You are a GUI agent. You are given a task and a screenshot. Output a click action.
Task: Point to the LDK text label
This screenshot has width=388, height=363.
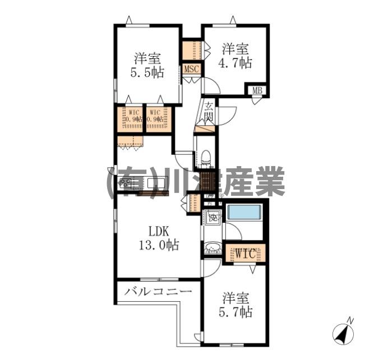point(159,231)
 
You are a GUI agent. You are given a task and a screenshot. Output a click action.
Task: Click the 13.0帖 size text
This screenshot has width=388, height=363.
point(159,245)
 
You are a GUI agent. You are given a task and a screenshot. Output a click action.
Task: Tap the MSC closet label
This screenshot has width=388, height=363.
point(191,70)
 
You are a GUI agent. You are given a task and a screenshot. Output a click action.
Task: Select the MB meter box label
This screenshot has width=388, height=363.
point(257,90)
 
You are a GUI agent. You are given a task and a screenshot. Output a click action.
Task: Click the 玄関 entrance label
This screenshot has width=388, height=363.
point(208,112)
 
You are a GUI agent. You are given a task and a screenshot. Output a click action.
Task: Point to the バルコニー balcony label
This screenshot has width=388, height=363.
point(158,291)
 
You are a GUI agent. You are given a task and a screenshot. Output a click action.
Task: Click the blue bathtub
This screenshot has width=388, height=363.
point(244,213)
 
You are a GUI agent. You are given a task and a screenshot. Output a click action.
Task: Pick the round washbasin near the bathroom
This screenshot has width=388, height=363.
point(213,247)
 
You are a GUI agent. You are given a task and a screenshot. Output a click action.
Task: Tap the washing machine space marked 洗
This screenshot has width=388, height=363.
point(212,216)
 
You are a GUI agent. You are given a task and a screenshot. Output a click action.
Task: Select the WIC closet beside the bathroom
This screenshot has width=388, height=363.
point(244,254)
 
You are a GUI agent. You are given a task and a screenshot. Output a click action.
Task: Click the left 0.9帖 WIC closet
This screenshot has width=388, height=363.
point(132,119)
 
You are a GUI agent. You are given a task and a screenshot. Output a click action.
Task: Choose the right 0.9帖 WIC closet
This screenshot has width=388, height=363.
point(156,119)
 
